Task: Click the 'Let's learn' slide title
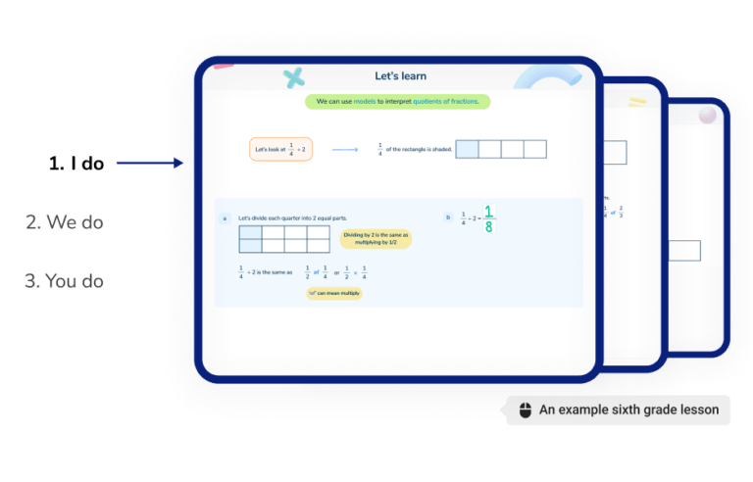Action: (400, 76)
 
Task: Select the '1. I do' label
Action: (75, 164)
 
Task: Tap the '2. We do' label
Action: (64, 222)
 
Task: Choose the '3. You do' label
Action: (64, 281)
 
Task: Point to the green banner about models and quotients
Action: (397, 101)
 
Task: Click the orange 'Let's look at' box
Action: (280, 149)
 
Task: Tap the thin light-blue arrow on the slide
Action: (345, 150)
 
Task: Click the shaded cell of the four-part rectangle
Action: (468, 149)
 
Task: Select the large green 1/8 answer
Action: (488, 218)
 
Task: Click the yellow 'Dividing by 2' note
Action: (376, 239)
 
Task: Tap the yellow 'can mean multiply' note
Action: (334, 293)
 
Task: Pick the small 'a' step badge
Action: (225, 217)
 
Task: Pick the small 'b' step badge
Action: (448, 217)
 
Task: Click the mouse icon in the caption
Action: (525, 410)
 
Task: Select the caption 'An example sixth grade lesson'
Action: (628, 410)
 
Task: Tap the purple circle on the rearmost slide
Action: (706, 116)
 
